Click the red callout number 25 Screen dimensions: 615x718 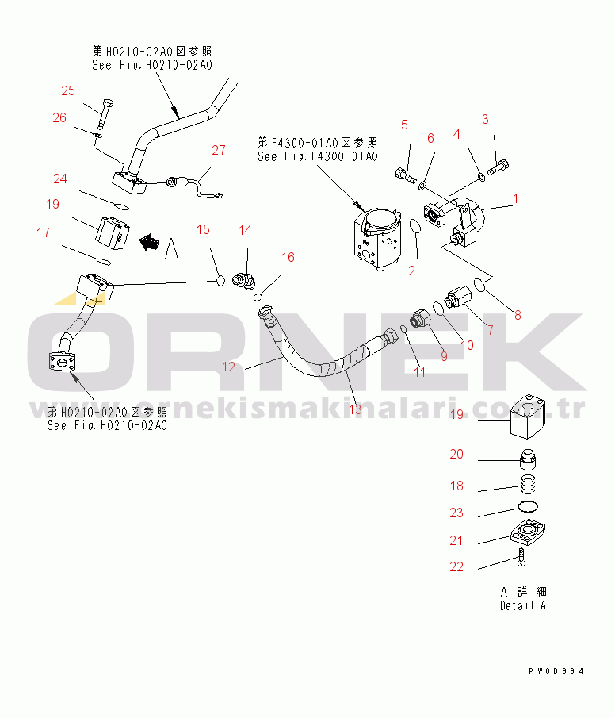click(x=68, y=90)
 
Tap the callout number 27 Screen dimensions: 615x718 click(x=219, y=150)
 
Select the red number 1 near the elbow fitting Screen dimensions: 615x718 click(x=516, y=198)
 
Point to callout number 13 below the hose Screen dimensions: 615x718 click(x=356, y=409)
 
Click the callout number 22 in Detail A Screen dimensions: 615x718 click(x=456, y=567)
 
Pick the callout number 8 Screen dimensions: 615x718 click(x=518, y=315)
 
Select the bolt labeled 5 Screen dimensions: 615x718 click(x=406, y=176)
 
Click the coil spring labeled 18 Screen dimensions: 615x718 click(x=529, y=484)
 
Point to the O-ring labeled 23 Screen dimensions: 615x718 click(x=528, y=506)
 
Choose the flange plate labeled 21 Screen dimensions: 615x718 click(x=528, y=533)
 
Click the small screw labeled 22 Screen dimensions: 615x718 click(x=521, y=557)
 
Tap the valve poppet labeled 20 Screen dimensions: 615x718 click(x=528, y=459)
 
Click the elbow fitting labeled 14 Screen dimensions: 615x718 click(x=244, y=281)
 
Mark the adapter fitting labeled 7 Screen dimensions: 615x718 click(x=457, y=296)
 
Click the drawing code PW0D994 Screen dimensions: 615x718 click(x=556, y=671)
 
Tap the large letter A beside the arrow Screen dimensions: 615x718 click(x=172, y=248)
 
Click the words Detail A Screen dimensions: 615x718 click(x=523, y=605)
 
